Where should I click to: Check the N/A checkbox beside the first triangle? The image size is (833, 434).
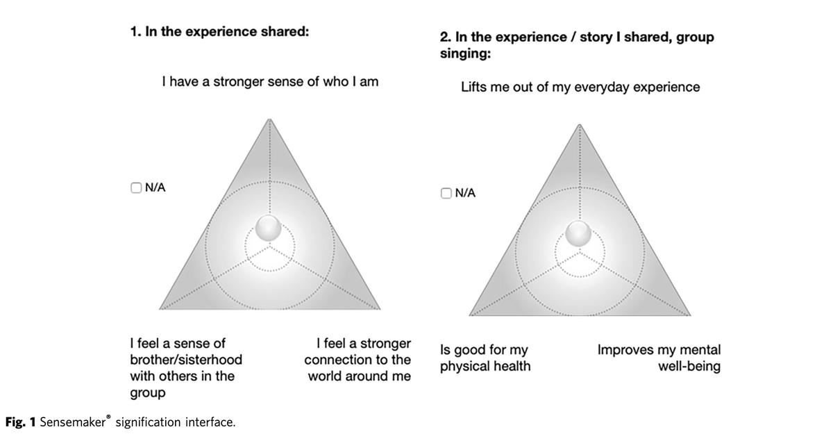tap(136, 187)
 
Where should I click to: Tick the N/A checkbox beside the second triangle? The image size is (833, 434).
tap(446, 193)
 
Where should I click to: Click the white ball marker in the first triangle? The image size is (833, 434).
tap(268, 228)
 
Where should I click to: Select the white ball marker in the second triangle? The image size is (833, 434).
tap(578, 233)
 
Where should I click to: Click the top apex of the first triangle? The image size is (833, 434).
tap(269, 119)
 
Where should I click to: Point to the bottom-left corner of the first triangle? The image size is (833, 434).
tap(159, 309)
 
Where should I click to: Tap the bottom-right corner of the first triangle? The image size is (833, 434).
tap(380, 309)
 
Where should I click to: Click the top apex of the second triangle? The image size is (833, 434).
tap(580, 124)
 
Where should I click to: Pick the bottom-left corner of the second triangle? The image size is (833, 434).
tap(469, 315)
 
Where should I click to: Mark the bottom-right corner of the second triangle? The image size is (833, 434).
tap(691, 315)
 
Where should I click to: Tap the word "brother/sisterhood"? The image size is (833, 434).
tap(186, 360)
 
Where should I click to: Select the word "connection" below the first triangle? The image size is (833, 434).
tap(336, 360)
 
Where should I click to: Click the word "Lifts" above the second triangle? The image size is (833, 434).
tap(473, 87)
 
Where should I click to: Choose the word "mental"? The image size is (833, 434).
tap(700, 350)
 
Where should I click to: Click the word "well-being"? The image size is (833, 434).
tap(689, 367)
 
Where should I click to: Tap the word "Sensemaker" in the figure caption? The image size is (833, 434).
tap(72, 422)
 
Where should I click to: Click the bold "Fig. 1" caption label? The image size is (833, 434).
tap(20, 422)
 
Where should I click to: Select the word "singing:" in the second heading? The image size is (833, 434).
tap(465, 54)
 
